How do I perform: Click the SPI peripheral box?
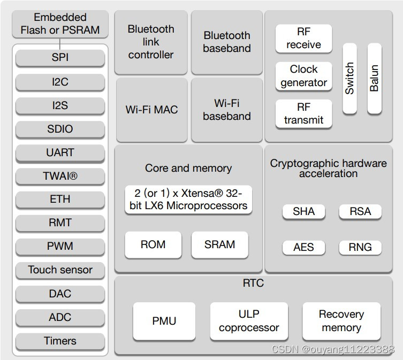tap(60, 58)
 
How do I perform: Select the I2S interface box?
tap(60, 105)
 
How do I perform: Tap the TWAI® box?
tap(60, 176)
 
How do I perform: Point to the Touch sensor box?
tap(60, 270)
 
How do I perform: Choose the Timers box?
tap(60, 341)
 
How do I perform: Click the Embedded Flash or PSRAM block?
tap(60, 24)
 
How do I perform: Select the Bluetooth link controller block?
tap(151, 42)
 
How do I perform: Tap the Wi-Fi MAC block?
tap(151, 110)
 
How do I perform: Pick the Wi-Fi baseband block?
tap(227, 110)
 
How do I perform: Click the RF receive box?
tap(303, 39)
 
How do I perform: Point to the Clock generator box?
tap(303, 76)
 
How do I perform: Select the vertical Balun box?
tap(374, 79)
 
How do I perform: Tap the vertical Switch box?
tap(349, 79)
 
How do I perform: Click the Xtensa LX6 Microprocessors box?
tap(188, 200)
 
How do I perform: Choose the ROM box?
tap(153, 244)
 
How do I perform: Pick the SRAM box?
tap(219, 244)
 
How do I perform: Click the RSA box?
tap(360, 211)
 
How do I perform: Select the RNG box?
tap(360, 247)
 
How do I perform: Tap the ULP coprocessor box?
tap(249, 321)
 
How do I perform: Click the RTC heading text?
tap(253, 283)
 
